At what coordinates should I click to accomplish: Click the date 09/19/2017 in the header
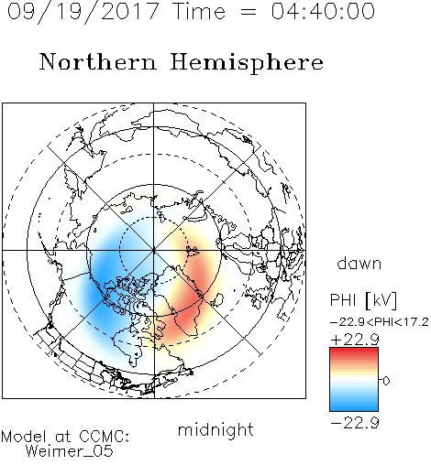tap(83, 12)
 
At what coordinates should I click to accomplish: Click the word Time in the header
tap(199, 11)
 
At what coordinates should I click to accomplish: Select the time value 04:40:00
tap(323, 11)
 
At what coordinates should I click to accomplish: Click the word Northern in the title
tap(98, 61)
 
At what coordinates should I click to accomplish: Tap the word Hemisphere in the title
tap(247, 63)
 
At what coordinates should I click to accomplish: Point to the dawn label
tap(359, 263)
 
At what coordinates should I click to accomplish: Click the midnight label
tap(215, 429)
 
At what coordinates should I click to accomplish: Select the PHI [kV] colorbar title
tap(363, 300)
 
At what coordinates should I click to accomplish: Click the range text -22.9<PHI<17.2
tap(380, 322)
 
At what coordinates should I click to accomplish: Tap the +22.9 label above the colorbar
tap(355, 340)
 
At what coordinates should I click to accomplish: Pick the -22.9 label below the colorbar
tap(355, 423)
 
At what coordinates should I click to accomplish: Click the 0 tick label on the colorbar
tap(386, 381)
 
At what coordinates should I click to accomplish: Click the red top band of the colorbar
tap(354, 351)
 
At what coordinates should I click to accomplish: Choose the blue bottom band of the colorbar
tap(354, 407)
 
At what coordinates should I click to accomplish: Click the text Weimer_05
tap(70, 451)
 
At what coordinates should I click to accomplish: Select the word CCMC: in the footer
tap(105, 437)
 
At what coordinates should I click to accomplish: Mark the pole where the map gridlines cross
tap(154, 251)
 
